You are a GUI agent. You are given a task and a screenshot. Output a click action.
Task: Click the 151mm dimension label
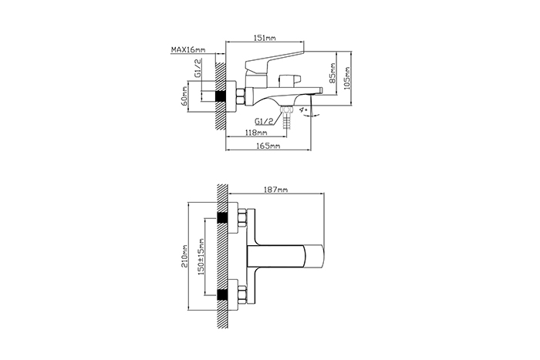click(x=265, y=38)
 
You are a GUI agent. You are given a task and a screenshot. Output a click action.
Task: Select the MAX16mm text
click(x=188, y=49)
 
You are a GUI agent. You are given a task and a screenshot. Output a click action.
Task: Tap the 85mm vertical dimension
click(x=332, y=73)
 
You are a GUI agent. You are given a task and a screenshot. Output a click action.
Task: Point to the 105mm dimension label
click(x=347, y=78)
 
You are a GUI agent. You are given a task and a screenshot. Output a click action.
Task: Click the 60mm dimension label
click(x=184, y=96)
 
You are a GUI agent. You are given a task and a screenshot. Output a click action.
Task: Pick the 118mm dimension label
click(x=256, y=132)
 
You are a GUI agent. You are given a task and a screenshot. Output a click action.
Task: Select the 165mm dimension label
click(x=268, y=146)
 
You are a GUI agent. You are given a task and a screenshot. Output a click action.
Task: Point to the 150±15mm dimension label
click(x=201, y=257)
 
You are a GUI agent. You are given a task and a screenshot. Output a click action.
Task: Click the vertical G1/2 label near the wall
click(x=197, y=68)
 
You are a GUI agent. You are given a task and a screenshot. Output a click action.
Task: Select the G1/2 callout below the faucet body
click(x=264, y=121)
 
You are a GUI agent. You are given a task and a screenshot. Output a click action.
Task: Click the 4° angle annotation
click(x=303, y=109)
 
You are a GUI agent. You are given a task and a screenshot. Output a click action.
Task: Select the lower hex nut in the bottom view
click(x=241, y=295)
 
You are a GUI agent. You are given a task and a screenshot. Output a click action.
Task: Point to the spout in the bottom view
click(x=286, y=256)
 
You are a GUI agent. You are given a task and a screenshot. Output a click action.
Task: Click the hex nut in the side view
click(x=240, y=96)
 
